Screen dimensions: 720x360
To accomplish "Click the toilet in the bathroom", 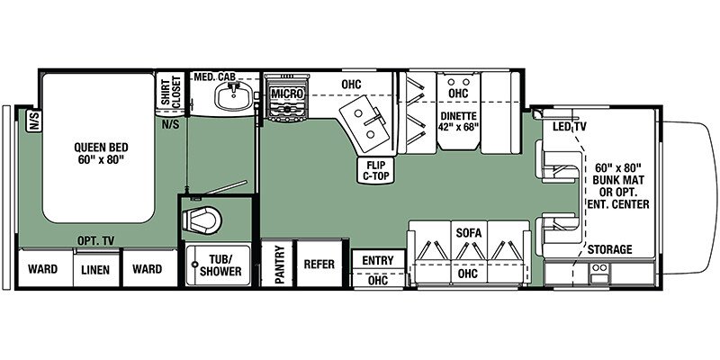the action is point(202,220).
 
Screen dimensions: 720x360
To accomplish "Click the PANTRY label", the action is point(281,265).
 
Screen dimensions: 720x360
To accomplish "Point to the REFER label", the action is point(319,265).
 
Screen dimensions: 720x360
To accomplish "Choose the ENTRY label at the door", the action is point(378,260).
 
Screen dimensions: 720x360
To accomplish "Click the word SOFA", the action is point(469,233).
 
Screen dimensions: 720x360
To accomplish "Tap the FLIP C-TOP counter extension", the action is point(376,170).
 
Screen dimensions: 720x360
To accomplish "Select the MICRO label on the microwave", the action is point(286,94).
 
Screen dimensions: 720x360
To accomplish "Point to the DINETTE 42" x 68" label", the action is point(459,121).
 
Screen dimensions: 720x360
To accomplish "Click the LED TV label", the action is point(569,127).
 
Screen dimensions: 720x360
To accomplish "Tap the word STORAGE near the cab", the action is point(610,249).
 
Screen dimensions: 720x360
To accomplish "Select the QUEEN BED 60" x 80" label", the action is point(101,154).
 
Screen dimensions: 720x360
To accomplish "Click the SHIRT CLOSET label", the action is point(170,90).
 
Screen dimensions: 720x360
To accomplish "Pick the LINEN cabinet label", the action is point(96,269).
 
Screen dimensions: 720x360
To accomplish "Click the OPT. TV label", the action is point(96,240).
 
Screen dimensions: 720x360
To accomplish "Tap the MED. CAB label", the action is point(215,76).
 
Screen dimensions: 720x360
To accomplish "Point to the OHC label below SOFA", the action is point(467,274).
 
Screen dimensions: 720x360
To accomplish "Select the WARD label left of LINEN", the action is point(42,268).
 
